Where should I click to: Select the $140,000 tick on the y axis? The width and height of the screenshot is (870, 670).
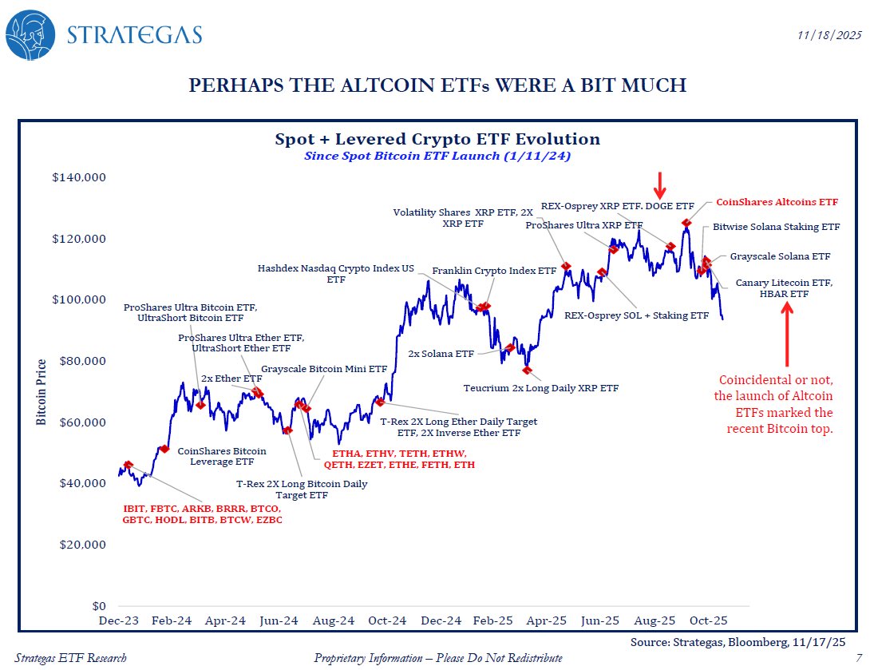tap(77, 177)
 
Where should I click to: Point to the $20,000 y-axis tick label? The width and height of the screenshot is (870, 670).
tap(81, 545)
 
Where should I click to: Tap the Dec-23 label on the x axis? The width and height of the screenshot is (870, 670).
tap(117, 620)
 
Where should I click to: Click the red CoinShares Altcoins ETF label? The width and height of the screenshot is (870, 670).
tap(777, 202)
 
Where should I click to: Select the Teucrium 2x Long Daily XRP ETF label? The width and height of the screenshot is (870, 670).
tap(541, 388)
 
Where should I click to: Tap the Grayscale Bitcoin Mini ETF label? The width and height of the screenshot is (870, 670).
tap(324, 370)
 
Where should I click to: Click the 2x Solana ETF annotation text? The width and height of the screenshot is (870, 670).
tap(441, 353)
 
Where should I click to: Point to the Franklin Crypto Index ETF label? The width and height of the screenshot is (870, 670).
tap(494, 271)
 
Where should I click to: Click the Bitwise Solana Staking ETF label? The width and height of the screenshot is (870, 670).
tap(777, 227)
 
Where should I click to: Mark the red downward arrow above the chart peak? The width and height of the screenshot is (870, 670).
tap(659, 184)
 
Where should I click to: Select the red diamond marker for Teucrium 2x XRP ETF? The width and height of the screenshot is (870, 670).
tap(527, 370)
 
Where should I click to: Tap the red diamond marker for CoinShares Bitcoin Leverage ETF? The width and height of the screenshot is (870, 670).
tap(164, 450)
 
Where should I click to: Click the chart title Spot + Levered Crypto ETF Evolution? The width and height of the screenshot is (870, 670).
tap(437, 139)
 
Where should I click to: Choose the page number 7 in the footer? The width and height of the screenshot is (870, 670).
tap(856, 657)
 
